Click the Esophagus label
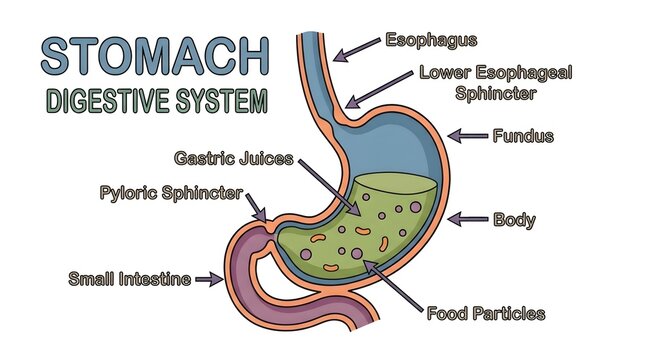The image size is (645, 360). pos(431,41)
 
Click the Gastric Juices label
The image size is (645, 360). pos(232,158)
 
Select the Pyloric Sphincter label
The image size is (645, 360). pos(169,192)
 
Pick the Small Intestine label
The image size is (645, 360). pos(129,278)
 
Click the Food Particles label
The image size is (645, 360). pos(485,313)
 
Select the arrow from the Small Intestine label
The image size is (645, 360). pos(210,279)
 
